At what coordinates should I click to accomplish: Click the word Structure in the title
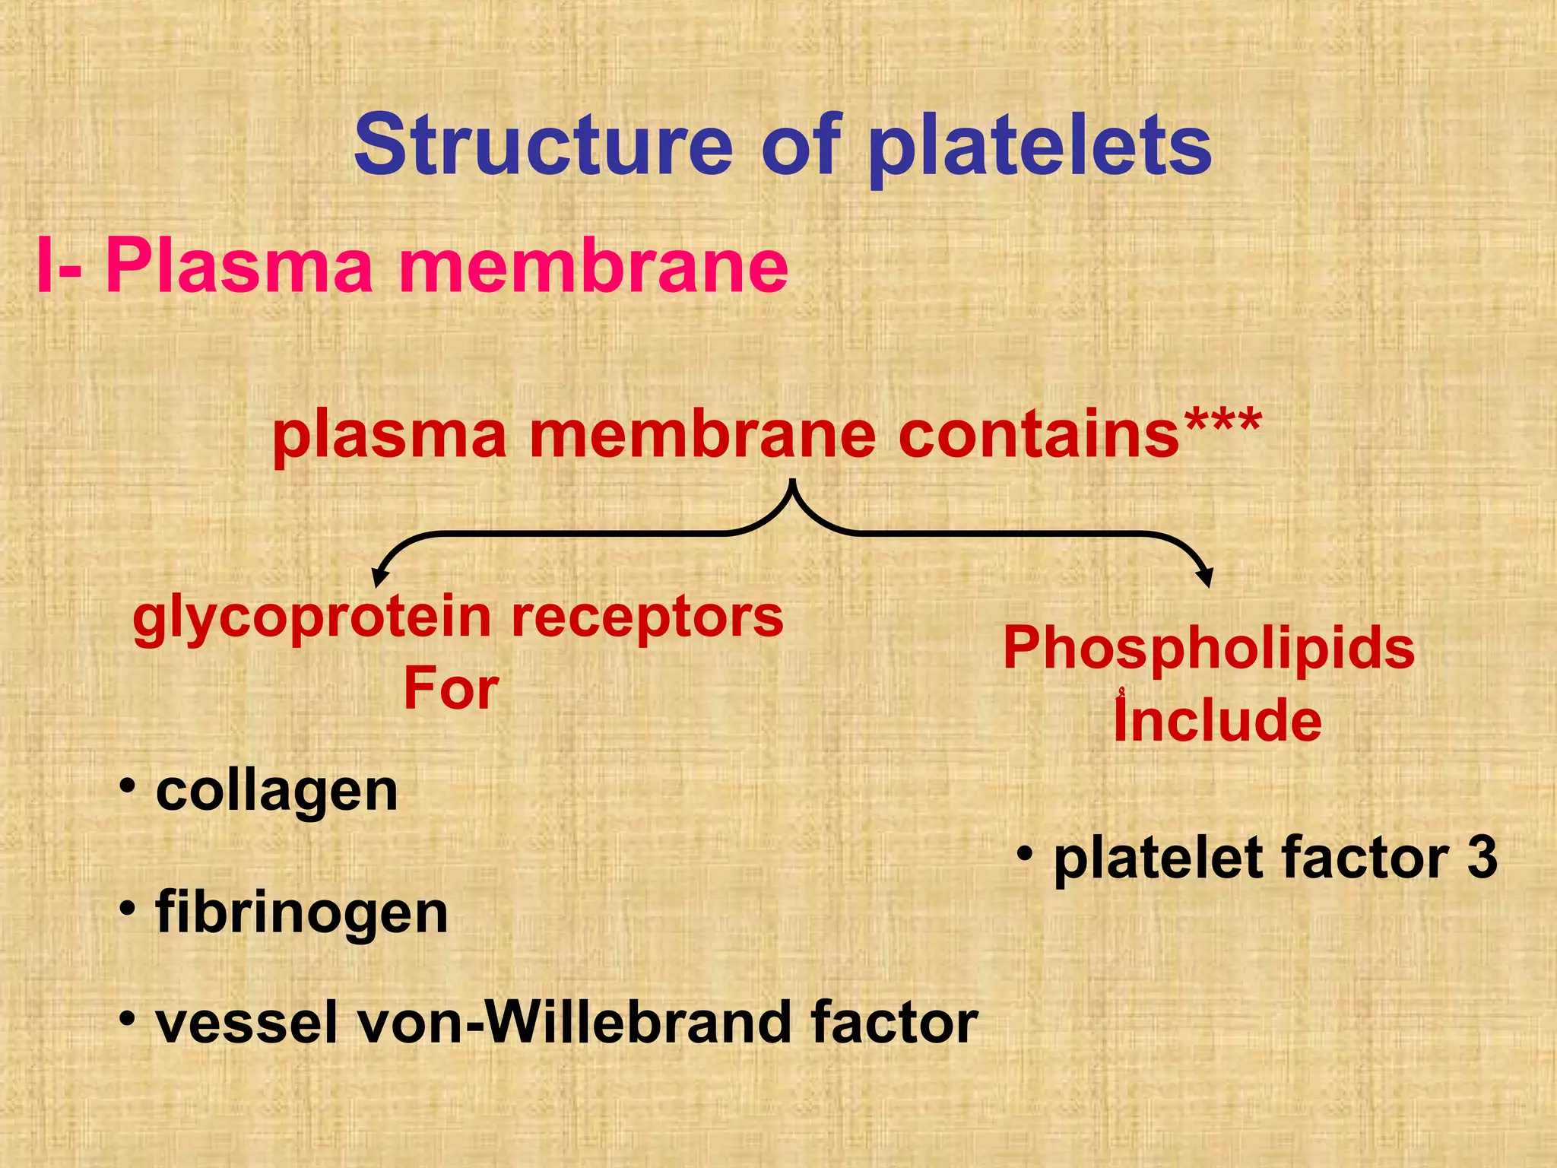pyautogui.click(x=542, y=144)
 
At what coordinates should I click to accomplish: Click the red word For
pyautogui.click(x=451, y=688)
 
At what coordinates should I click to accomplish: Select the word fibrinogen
pyautogui.click(x=302, y=912)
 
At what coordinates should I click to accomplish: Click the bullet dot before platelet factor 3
pyautogui.click(x=1026, y=853)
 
